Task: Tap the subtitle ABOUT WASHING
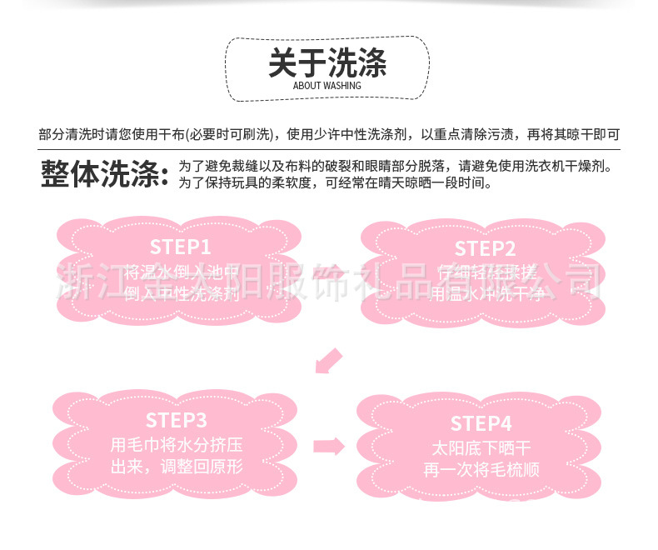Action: tap(327, 85)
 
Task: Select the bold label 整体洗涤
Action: tap(103, 174)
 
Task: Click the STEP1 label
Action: tap(181, 247)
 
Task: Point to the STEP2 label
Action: tap(485, 248)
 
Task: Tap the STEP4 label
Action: tap(481, 422)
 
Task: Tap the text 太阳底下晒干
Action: tap(481, 447)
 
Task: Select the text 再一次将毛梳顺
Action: tap(481, 470)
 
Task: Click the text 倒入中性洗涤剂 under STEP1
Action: tap(181, 294)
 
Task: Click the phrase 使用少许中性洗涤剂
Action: tap(349, 134)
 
